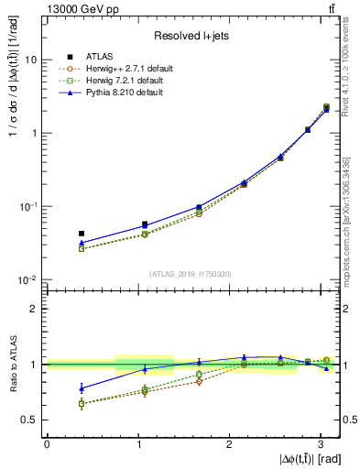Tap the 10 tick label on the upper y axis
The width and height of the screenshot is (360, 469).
click(x=32, y=60)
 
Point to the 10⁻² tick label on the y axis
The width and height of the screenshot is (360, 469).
click(x=29, y=279)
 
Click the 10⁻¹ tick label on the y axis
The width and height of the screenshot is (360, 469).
click(x=29, y=206)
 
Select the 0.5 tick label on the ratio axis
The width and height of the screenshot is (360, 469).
click(x=30, y=420)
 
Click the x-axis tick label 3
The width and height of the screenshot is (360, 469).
click(x=322, y=444)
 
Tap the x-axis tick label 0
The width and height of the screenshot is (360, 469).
click(x=47, y=444)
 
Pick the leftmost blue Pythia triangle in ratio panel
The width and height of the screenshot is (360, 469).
click(x=82, y=387)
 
